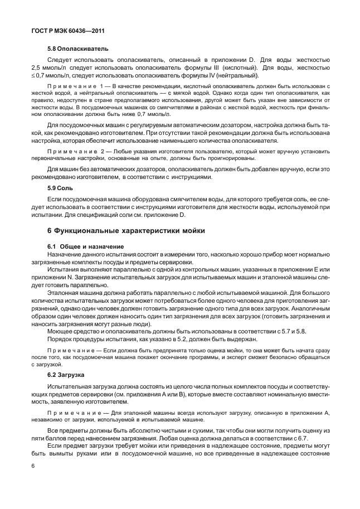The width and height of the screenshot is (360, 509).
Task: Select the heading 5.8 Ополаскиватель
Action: (77, 49)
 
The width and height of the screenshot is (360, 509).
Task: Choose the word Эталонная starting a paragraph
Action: (64, 292)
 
